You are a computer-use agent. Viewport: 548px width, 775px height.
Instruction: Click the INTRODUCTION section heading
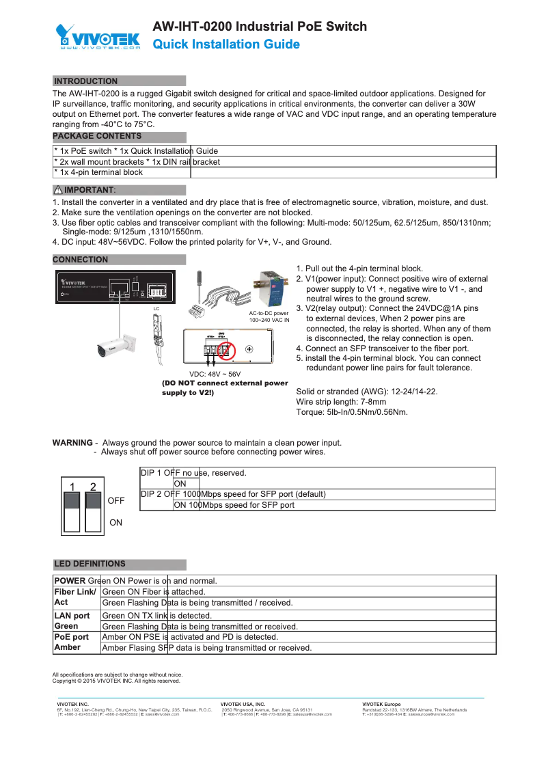click(x=86, y=81)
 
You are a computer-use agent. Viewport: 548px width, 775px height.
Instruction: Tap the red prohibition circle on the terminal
click(x=225, y=351)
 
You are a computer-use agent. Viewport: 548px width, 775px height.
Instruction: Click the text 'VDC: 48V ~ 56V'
click(x=215, y=375)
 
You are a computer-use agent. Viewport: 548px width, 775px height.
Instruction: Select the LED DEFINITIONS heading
click(x=90, y=564)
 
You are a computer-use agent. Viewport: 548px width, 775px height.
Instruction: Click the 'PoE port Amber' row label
click(x=72, y=642)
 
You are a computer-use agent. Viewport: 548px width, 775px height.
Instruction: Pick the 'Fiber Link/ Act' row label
click(x=75, y=597)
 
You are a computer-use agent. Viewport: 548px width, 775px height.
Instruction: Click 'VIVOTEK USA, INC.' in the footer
click(x=243, y=704)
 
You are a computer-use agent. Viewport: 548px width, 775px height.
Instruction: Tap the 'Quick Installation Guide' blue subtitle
click(x=225, y=44)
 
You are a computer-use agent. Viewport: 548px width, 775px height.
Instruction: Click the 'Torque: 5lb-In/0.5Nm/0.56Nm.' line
click(x=352, y=412)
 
